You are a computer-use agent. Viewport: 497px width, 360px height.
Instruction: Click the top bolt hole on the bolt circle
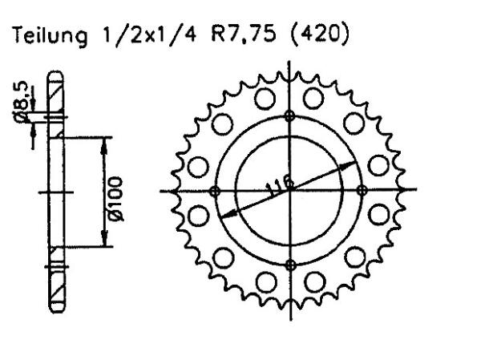coord(290,115)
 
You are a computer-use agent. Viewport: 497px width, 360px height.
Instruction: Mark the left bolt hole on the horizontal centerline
coord(214,191)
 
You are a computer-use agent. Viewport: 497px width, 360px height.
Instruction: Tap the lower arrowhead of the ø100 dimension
coord(103,241)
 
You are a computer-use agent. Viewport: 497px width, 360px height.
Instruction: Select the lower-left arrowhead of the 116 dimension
coord(224,214)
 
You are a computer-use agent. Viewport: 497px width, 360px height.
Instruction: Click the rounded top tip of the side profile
coord(54,77)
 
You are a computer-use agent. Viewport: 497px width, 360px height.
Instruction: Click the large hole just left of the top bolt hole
coord(262,102)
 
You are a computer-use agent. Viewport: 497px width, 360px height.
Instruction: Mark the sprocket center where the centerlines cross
coord(290,191)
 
